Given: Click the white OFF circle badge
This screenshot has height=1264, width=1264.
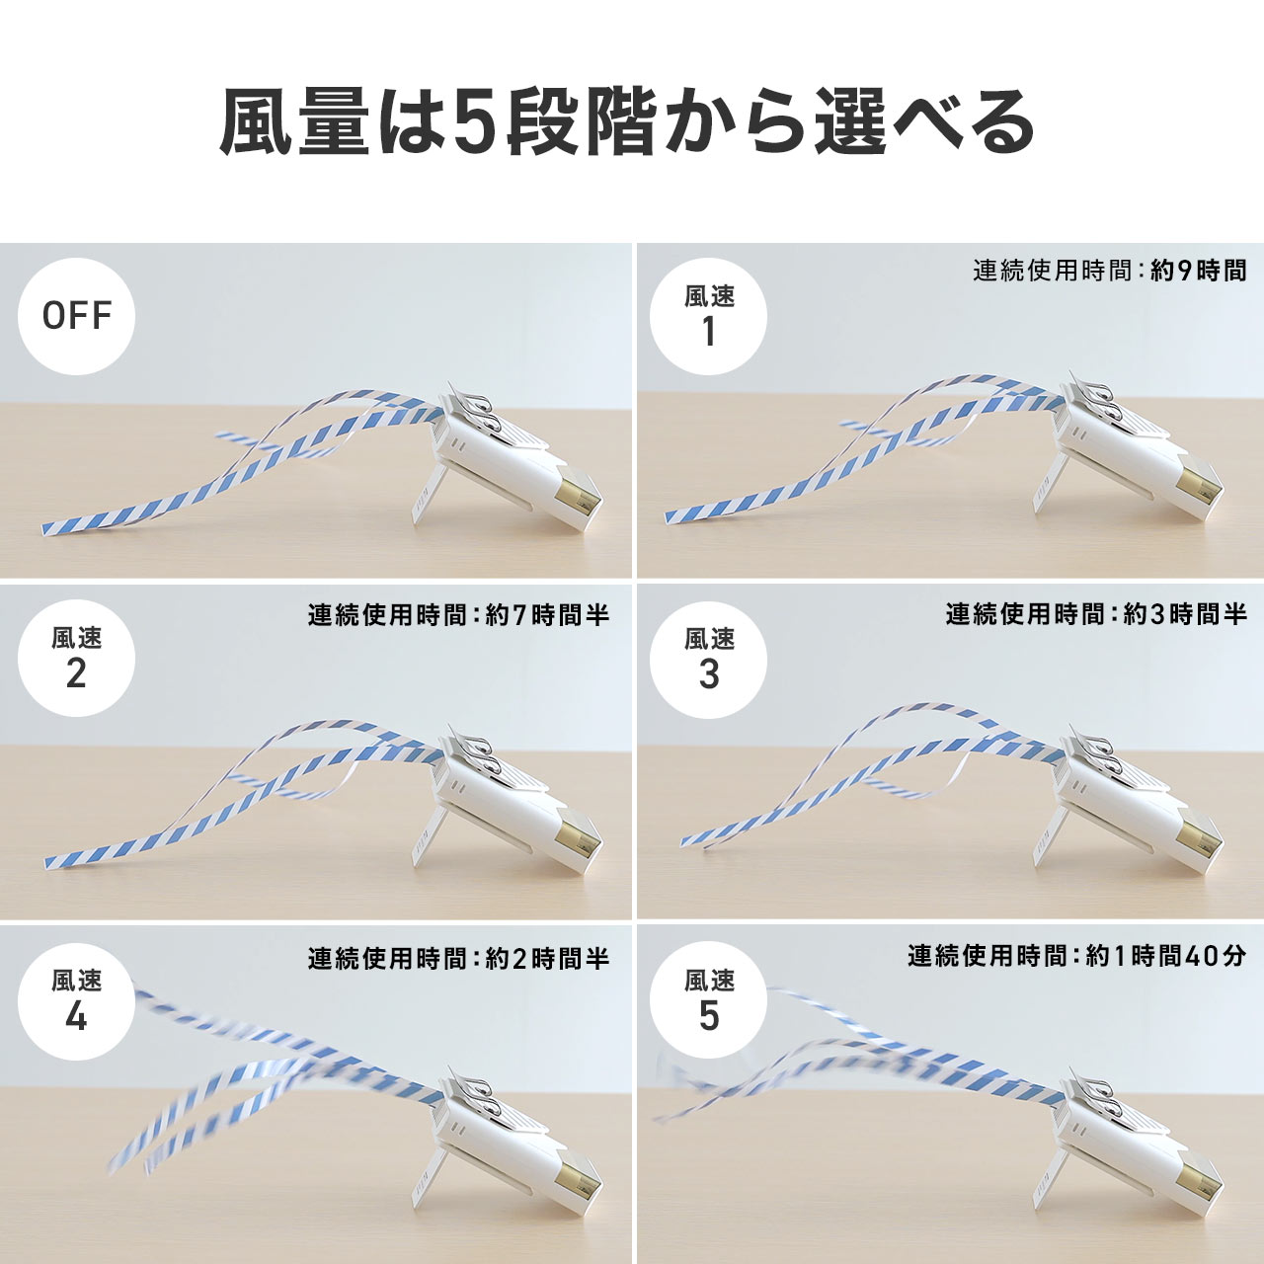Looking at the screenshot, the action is [x=76, y=316].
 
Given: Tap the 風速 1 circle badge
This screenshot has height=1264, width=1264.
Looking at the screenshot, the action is [x=708, y=316].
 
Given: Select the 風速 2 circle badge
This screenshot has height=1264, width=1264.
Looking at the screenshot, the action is [x=76, y=659].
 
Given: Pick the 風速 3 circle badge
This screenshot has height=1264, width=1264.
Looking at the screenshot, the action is [x=708, y=659].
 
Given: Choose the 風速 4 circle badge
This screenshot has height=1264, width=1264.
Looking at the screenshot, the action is [x=76, y=1001].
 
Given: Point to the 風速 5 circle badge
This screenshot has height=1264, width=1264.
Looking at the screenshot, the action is [x=708, y=1001].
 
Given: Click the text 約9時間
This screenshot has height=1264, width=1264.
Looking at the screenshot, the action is [x=1198, y=271].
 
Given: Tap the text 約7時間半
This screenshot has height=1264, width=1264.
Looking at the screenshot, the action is [x=548, y=614].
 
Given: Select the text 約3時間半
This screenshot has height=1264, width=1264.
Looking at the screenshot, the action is [x=1185, y=614].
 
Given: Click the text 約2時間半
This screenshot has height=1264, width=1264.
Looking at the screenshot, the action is [x=548, y=958].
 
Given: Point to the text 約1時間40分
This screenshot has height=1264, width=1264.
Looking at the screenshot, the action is [x=1165, y=956].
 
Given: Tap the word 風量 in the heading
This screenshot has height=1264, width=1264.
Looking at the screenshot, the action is [x=294, y=123].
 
